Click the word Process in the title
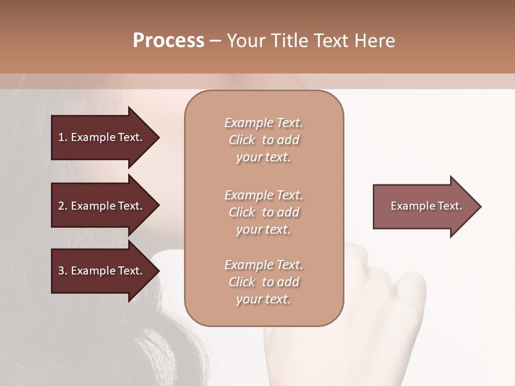click(168, 41)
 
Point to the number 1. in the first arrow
click(63, 137)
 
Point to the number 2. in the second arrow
click(63, 206)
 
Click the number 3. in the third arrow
click(63, 271)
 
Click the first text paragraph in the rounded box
click(263, 140)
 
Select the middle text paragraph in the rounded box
click(263, 212)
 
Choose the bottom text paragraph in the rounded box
click(263, 282)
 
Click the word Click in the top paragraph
click(242, 140)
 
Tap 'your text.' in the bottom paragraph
click(263, 299)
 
